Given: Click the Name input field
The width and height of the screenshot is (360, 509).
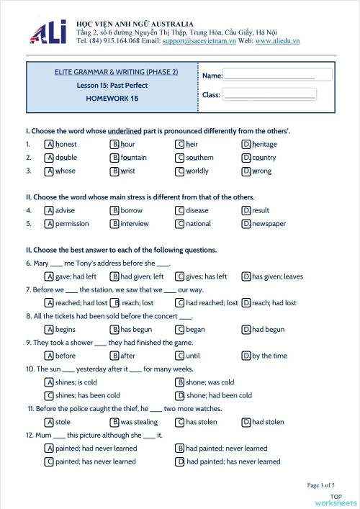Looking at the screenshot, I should [269, 75].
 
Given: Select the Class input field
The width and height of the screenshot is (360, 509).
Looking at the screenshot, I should [269, 94].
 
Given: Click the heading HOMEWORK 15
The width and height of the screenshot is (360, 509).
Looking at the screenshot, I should [112, 98].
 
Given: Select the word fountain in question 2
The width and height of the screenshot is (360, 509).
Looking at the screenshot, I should [133, 157].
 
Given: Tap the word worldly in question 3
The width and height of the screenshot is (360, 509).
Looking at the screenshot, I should [197, 171].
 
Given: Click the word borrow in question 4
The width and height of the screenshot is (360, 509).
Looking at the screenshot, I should [131, 210].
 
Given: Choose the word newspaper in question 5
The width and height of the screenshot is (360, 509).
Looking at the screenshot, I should [269, 223].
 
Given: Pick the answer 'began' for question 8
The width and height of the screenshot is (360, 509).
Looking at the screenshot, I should [195, 330].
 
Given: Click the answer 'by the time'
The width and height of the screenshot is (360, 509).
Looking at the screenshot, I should [269, 356].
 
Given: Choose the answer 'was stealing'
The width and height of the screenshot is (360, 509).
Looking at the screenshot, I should [139, 422].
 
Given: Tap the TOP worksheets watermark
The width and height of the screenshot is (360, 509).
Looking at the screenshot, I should [342, 500].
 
